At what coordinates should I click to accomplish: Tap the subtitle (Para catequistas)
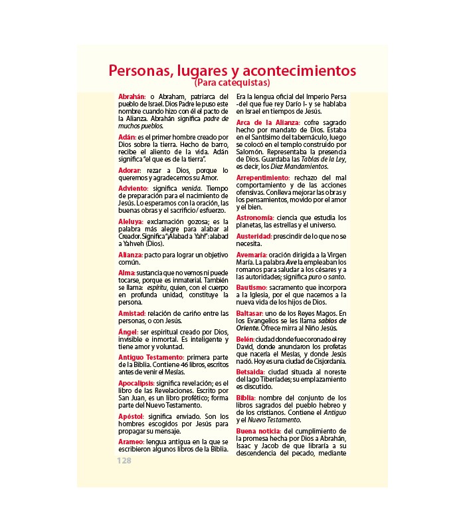(232, 84)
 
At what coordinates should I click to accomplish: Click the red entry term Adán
(126, 136)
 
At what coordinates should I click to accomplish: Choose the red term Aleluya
(130, 221)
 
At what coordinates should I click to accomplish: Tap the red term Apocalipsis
(136, 383)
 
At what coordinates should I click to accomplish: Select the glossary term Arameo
(131, 441)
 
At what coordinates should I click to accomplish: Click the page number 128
(124, 460)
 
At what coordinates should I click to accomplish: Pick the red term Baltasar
(252, 313)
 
